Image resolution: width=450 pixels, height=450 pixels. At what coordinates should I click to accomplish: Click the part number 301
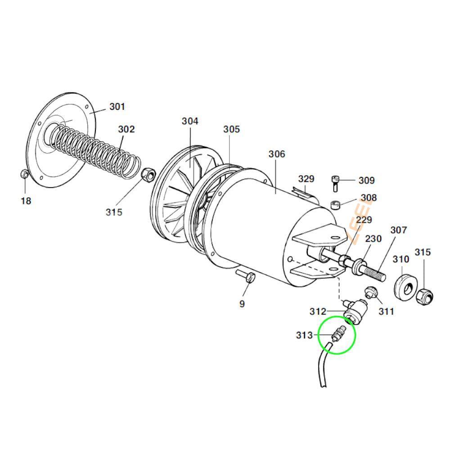(x=117, y=107)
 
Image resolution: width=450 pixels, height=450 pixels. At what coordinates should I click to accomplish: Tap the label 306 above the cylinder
(x=277, y=154)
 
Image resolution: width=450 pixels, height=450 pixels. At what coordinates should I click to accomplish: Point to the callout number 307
(x=399, y=230)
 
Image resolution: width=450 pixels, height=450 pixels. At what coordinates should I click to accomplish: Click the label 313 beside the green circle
(x=304, y=335)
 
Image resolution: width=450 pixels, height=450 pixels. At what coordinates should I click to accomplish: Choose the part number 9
(x=242, y=304)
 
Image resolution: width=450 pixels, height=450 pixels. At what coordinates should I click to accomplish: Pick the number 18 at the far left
(x=26, y=201)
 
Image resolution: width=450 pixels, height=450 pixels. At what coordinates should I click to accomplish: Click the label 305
(x=232, y=129)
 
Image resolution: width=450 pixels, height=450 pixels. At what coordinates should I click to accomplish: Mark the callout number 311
(x=386, y=311)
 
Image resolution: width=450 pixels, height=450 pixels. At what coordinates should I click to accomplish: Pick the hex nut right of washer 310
(x=425, y=295)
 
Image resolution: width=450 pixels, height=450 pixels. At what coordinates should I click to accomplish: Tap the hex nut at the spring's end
(x=147, y=174)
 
